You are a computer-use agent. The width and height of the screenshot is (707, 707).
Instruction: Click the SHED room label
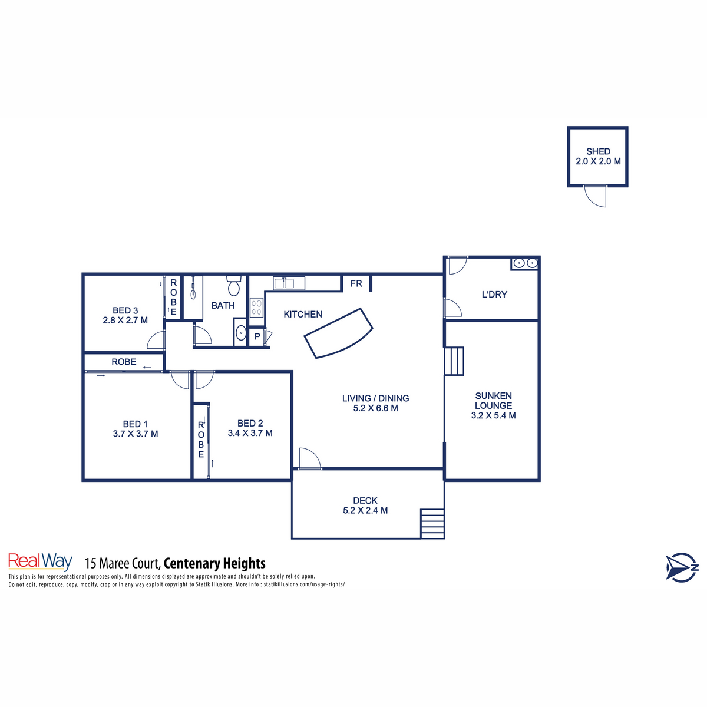598,151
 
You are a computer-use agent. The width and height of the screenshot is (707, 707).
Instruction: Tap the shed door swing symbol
595,197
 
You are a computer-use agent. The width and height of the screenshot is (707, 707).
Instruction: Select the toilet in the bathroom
234,286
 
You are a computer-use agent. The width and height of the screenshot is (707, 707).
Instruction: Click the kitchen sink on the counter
289,283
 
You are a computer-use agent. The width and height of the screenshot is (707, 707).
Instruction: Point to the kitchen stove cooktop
257,308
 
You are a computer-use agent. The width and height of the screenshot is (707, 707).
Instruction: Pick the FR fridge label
356,283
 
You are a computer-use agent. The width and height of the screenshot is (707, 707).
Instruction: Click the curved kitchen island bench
339,333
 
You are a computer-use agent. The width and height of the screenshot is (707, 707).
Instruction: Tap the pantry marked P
257,337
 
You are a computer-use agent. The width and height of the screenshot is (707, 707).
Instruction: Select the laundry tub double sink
524,263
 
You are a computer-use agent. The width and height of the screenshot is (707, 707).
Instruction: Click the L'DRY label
494,295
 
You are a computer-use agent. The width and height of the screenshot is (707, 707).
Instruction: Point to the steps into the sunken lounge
454,361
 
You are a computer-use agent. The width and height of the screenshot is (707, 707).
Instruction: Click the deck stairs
432,523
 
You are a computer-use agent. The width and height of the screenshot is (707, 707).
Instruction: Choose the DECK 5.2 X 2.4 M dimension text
365,511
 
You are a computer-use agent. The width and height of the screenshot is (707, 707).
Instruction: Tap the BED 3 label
125,310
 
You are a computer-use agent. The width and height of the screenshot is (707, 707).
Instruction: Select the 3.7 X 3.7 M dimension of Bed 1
136,434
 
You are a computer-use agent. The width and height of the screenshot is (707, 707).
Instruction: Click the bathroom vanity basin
240,334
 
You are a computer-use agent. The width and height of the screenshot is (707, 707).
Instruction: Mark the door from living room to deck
309,459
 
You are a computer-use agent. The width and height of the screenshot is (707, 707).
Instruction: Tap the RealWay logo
40,562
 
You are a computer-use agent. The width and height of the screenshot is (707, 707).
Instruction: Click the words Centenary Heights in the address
214,564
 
